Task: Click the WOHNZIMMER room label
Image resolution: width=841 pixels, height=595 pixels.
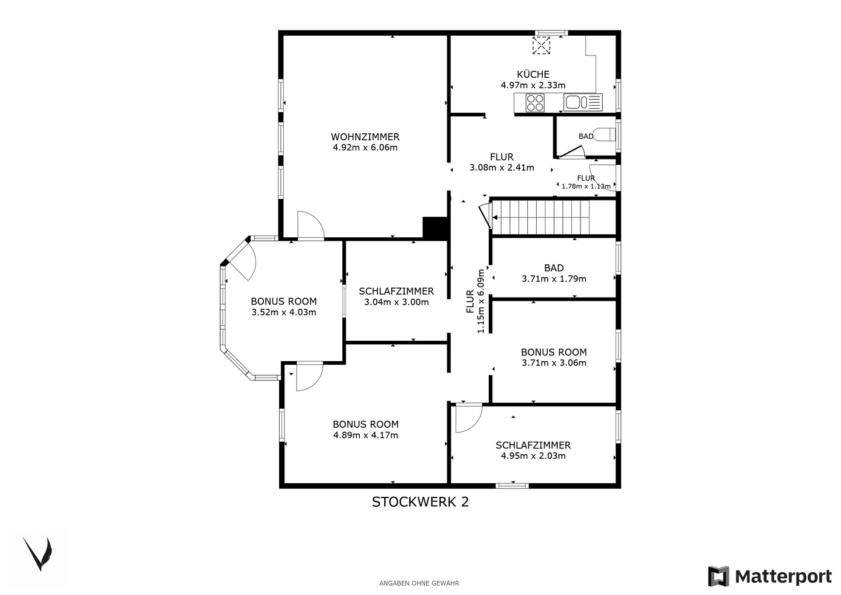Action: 365,137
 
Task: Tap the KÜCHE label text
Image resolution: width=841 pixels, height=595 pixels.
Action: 533,74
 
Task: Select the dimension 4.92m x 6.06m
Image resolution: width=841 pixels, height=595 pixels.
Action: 365,147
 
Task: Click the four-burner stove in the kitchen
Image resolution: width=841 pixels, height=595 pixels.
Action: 534,103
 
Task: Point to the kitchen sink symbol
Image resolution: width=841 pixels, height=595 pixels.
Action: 583,102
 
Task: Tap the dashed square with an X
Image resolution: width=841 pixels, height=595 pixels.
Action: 541,46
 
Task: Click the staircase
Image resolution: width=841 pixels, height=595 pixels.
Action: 554,217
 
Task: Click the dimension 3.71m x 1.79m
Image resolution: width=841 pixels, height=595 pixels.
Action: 554,279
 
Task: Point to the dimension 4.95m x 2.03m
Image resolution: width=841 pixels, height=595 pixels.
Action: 533,456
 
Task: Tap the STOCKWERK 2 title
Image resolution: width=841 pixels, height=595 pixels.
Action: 420,502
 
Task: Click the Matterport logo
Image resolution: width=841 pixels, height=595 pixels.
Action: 770,576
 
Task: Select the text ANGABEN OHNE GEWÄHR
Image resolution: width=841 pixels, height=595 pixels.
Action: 419,583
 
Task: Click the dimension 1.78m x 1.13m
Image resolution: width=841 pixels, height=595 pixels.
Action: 586,186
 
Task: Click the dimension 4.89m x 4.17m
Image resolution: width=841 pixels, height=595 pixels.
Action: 366,435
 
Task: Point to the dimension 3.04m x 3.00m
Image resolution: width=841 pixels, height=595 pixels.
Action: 396,302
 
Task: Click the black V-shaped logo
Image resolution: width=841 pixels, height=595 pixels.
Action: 37,554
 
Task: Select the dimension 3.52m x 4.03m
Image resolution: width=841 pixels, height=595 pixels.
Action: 283,312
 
